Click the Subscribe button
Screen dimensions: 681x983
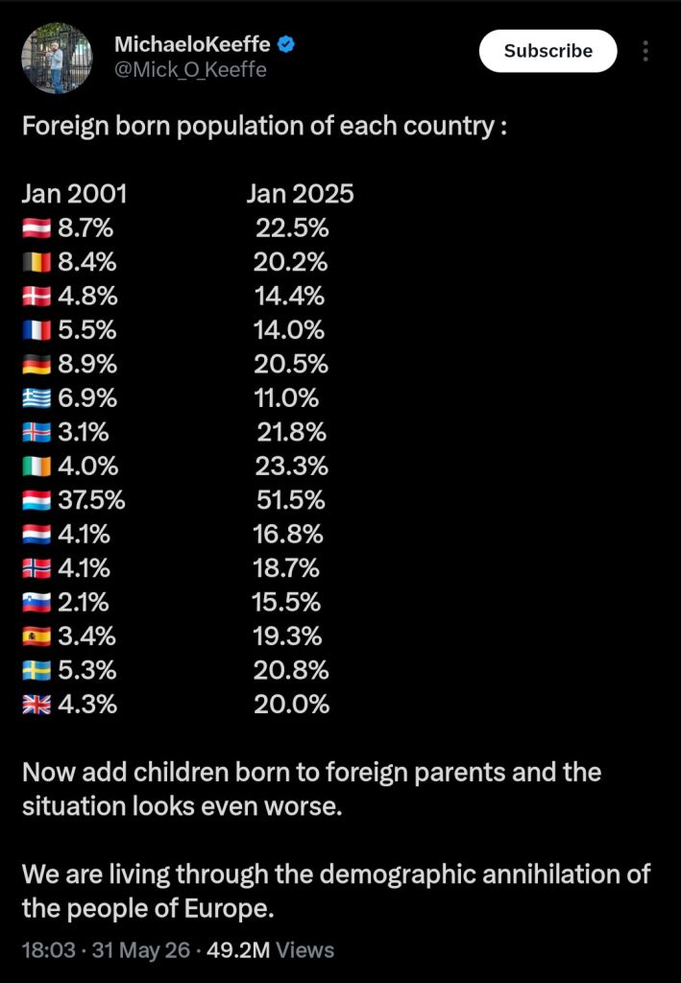tap(548, 51)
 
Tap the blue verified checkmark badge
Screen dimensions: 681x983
tap(286, 44)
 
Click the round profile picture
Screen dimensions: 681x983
tap(57, 59)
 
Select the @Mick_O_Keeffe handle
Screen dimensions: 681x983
tap(190, 69)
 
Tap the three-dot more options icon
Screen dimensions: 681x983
tap(645, 51)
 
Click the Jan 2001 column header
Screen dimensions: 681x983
tap(75, 194)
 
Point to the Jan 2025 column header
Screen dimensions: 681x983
tap(300, 194)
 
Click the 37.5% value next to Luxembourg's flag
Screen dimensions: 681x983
tap(91, 500)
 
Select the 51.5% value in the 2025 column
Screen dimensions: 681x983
tap(291, 500)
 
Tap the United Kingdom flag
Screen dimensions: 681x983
tap(36, 705)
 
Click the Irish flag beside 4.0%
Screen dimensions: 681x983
tap(36, 467)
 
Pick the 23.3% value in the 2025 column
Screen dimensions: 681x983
tap(292, 467)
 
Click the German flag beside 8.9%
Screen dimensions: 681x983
tap(36, 364)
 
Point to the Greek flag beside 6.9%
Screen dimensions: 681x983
tap(36, 398)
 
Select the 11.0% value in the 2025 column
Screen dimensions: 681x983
tap(286, 398)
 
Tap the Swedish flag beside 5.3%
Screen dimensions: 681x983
tap(36, 671)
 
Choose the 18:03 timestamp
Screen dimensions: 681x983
tap(49, 950)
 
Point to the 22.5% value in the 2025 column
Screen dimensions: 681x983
tap(292, 228)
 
